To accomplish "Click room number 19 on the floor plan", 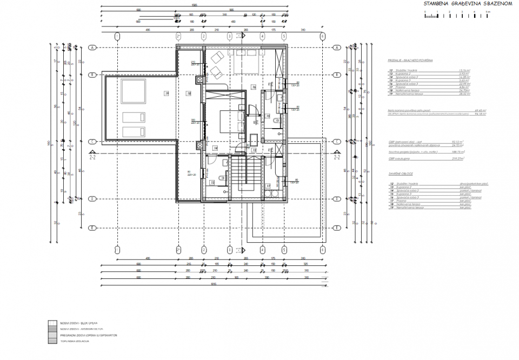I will [167, 94].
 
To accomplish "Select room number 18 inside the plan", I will [189, 94].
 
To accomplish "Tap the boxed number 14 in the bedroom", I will [215, 148].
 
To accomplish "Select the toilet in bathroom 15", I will [276, 120].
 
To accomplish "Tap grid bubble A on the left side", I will [92, 48].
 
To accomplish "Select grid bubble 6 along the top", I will [322, 36].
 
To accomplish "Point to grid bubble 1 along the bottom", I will [117, 250].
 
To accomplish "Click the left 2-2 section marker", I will [92, 157].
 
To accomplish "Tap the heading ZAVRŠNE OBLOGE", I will [401, 174].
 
